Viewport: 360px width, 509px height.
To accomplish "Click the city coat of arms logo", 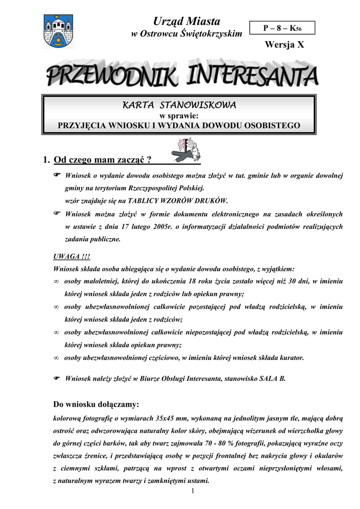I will click(58, 31).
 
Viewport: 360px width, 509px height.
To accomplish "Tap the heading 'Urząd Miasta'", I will click(186, 21).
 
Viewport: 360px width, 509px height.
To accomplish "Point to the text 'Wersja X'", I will click(284, 45).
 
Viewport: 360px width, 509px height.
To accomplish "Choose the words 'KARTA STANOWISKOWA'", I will click(179, 105).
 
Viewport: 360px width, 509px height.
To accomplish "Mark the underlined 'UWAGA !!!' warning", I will click(72, 256).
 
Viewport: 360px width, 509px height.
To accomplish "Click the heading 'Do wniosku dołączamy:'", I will click(96, 404).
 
